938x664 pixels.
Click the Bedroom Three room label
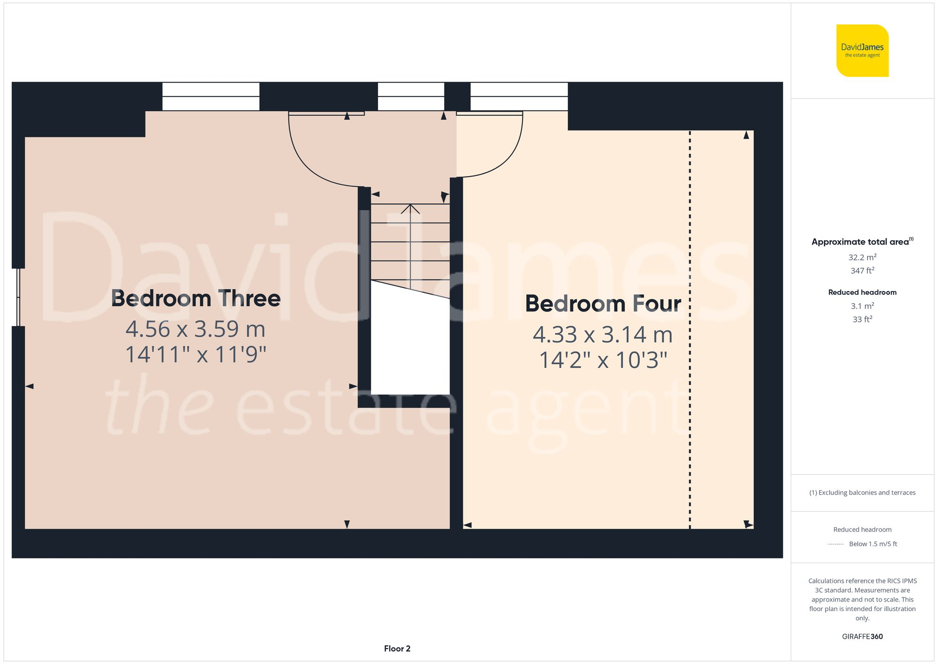point(196,298)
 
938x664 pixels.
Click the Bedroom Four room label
point(603,304)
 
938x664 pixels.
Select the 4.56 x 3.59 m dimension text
point(196,329)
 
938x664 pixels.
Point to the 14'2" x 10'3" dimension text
point(603,360)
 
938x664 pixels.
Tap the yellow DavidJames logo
point(862,51)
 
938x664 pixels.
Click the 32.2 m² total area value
point(862,257)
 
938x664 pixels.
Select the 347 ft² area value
point(862,271)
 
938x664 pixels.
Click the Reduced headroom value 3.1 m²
point(862,306)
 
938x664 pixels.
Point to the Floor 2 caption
point(397,649)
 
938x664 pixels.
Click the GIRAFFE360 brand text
point(862,636)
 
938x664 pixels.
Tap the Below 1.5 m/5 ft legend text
point(872,544)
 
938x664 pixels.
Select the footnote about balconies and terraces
point(862,493)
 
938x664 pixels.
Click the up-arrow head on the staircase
point(410,208)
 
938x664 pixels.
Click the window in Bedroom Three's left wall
point(18,297)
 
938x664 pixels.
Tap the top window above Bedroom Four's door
point(519,96)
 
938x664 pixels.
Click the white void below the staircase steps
point(410,347)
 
